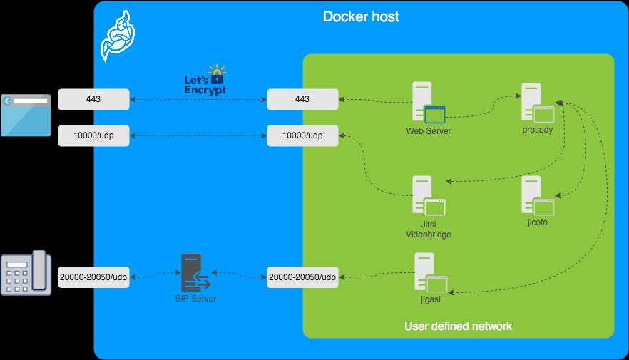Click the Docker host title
point(361,16)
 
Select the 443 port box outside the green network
point(93,99)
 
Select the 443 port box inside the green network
point(302,99)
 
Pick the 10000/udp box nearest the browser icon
point(93,135)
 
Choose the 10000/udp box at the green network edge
point(302,135)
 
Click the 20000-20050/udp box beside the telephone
point(93,277)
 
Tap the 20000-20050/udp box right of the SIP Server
point(302,277)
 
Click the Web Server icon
point(428,104)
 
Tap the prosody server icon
point(537,104)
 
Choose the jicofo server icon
point(537,195)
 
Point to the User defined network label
point(458,326)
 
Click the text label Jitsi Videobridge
point(428,229)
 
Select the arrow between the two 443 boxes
point(198,99)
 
